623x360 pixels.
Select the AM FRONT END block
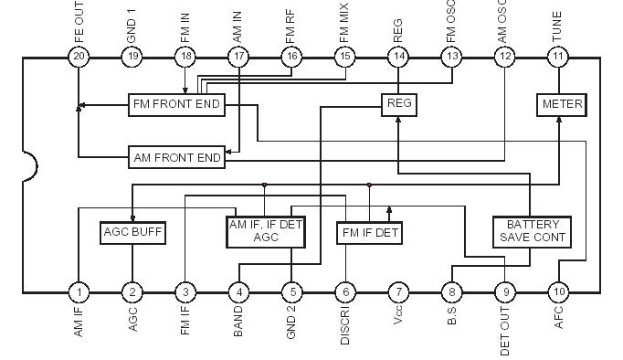coord(177,157)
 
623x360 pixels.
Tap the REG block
coord(399,103)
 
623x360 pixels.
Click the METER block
coord(561,104)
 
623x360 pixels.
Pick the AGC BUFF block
coord(132,232)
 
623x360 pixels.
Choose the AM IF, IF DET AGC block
coord(266,230)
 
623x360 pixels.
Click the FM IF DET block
coord(369,233)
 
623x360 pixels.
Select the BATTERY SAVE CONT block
coord(532,230)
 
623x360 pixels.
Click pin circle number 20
coord(79,57)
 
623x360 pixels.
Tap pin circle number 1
coord(79,292)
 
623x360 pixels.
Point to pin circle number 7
coord(398,292)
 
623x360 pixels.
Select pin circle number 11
coord(558,57)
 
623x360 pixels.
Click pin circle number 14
coord(398,57)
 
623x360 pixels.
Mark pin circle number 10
coord(558,292)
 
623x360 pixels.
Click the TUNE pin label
coord(557,27)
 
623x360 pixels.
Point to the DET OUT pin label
coord(505,331)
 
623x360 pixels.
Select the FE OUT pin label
coord(79,22)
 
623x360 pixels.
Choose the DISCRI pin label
coord(345,326)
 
